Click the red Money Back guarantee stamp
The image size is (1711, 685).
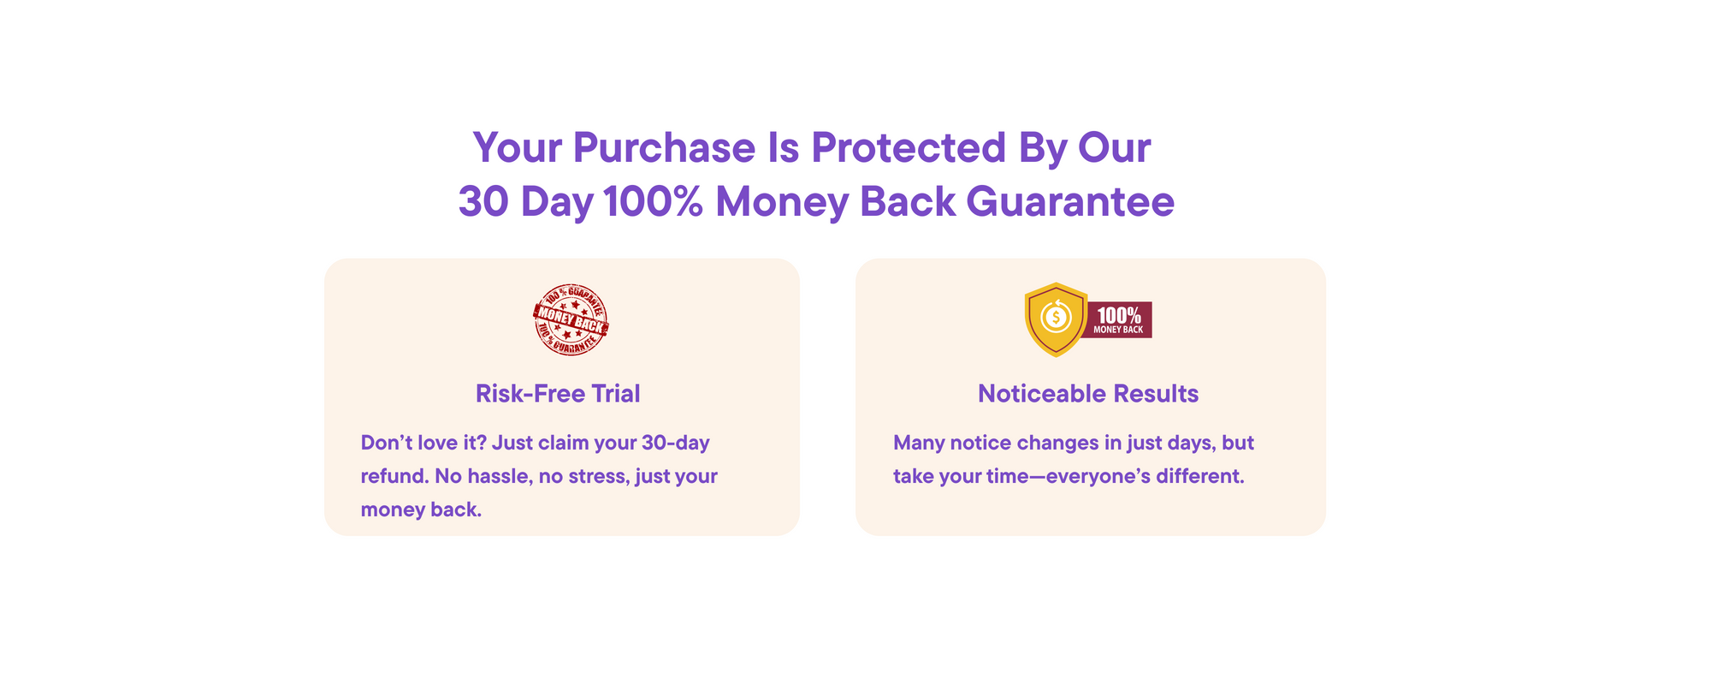(571, 319)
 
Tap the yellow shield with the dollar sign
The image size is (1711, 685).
(1057, 319)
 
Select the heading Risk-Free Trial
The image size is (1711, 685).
(558, 394)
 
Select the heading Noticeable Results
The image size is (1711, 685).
(1088, 394)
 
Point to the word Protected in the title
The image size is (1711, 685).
(909, 147)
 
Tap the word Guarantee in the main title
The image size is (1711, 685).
(1070, 202)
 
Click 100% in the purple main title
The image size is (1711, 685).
(653, 202)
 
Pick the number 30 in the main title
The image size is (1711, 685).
(483, 202)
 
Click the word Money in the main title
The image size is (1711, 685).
(781, 203)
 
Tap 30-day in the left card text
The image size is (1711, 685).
(675, 444)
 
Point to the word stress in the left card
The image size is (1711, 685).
(602, 476)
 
